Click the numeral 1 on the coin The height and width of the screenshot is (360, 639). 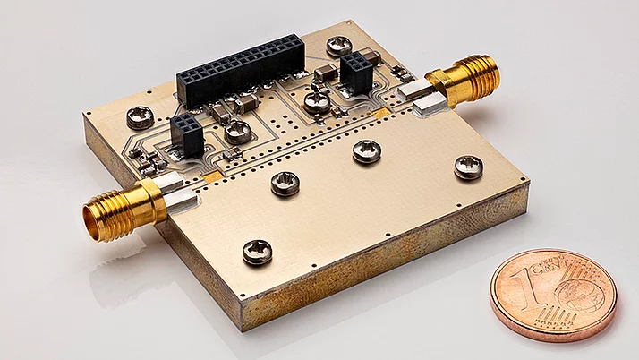(x=538, y=286)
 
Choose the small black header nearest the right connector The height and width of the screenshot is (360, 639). (x=355, y=72)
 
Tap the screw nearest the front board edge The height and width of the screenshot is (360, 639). (x=257, y=253)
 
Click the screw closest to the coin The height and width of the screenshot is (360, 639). (x=468, y=166)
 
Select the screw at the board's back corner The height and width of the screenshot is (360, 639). (x=339, y=45)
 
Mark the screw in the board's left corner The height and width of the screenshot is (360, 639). (x=140, y=116)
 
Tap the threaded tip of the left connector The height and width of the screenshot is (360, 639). (x=97, y=220)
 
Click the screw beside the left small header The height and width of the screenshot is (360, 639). (x=237, y=133)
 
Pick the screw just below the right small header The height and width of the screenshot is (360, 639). (x=317, y=101)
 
